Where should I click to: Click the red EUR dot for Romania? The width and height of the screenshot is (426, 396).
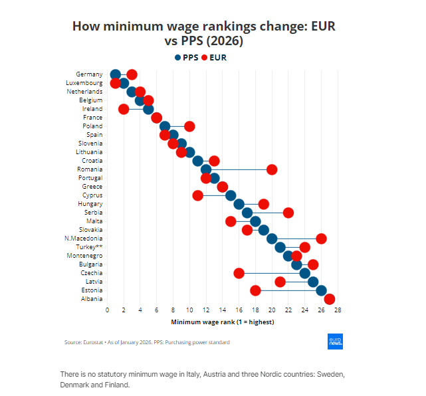click(272, 169)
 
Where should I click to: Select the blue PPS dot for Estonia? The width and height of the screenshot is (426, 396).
click(322, 290)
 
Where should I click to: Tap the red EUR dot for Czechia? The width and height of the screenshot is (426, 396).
click(239, 273)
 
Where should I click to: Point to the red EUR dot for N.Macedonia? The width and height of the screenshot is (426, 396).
click(322, 239)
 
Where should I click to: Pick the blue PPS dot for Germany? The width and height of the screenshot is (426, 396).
click(116, 74)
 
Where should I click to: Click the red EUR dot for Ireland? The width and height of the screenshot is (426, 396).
click(124, 109)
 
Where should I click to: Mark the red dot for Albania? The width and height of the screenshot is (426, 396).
click(330, 299)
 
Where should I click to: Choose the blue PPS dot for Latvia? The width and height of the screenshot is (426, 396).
click(313, 282)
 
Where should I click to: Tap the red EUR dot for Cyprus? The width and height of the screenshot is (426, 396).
click(198, 195)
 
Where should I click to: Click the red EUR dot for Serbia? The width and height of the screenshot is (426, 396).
click(288, 213)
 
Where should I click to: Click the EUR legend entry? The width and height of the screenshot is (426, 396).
click(213, 58)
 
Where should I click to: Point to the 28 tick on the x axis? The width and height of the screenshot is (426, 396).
click(338, 310)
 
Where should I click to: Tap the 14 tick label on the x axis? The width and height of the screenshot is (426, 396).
click(223, 310)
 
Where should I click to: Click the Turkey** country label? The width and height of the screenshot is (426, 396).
click(89, 247)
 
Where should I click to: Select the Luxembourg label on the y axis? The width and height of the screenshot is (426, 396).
click(84, 83)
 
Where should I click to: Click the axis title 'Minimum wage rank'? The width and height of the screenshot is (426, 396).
click(223, 322)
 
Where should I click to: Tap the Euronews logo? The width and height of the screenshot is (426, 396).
click(336, 342)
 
